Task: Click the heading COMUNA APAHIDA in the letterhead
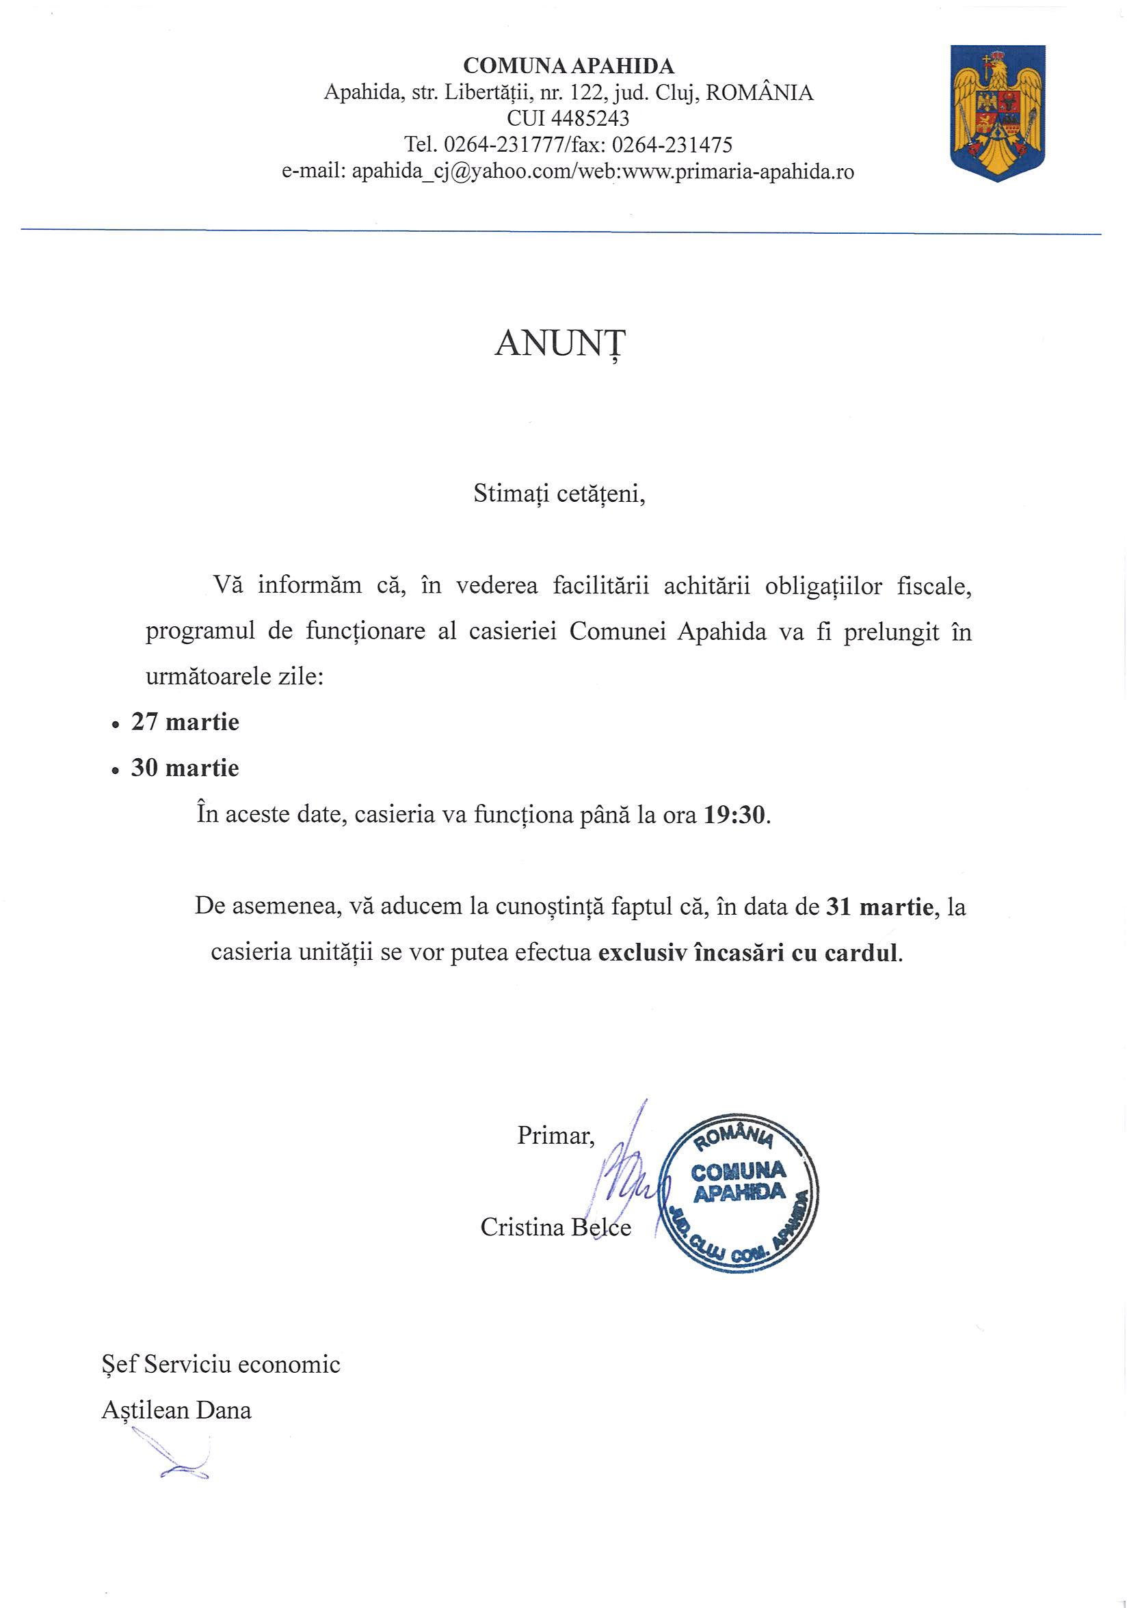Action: click(568, 66)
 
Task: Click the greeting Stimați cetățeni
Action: click(558, 494)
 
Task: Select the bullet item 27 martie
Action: click(185, 722)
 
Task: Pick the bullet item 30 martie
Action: click(185, 768)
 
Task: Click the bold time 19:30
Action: click(734, 815)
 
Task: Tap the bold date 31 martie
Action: click(879, 907)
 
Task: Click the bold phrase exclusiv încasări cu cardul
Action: click(747, 953)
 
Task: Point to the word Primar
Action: click(555, 1136)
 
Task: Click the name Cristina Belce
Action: click(555, 1227)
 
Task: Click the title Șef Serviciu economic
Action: click(222, 1365)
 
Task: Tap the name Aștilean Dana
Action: click(176, 1410)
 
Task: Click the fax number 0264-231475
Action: click(672, 145)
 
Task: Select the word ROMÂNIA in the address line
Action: click(759, 93)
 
